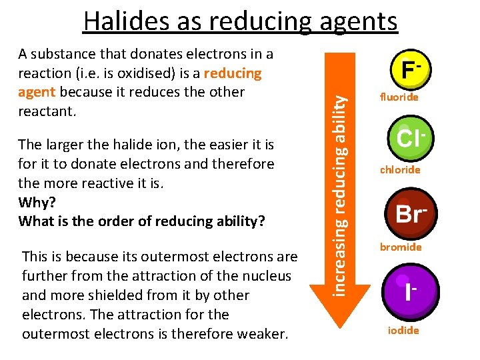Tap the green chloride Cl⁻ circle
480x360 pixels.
(x=405, y=139)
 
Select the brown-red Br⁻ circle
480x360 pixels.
(x=405, y=214)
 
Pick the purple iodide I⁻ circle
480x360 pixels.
(x=405, y=291)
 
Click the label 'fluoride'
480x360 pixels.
(x=399, y=97)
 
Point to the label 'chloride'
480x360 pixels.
(x=400, y=169)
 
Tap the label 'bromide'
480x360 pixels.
(x=401, y=247)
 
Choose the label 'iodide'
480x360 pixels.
(x=403, y=331)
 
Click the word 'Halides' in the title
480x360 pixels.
(x=126, y=21)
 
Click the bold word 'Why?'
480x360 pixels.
(x=37, y=201)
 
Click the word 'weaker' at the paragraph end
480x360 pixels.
(x=261, y=333)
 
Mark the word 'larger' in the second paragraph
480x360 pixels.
(x=65, y=144)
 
